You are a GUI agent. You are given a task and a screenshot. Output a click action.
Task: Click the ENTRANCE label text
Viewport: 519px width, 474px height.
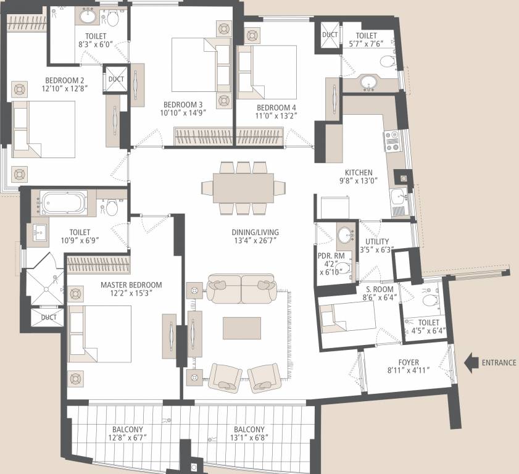click(499, 362)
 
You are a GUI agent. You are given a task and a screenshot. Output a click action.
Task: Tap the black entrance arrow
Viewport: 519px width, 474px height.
click(471, 362)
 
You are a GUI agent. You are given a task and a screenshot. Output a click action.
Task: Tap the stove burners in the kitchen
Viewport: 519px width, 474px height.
click(391, 141)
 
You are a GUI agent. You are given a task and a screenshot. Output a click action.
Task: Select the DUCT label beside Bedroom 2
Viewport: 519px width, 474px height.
click(115, 79)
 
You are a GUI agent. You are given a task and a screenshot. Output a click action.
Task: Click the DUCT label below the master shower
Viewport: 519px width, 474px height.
click(49, 317)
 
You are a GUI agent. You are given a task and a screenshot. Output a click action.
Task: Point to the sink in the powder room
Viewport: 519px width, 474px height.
click(346, 235)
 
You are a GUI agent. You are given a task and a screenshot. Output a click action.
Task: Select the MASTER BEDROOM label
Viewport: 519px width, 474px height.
click(131, 285)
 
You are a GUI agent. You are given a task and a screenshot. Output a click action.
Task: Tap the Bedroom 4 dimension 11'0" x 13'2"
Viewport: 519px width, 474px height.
click(276, 114)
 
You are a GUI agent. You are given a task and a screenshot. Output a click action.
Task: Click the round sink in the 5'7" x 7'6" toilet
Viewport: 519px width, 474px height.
click(369, 82)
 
